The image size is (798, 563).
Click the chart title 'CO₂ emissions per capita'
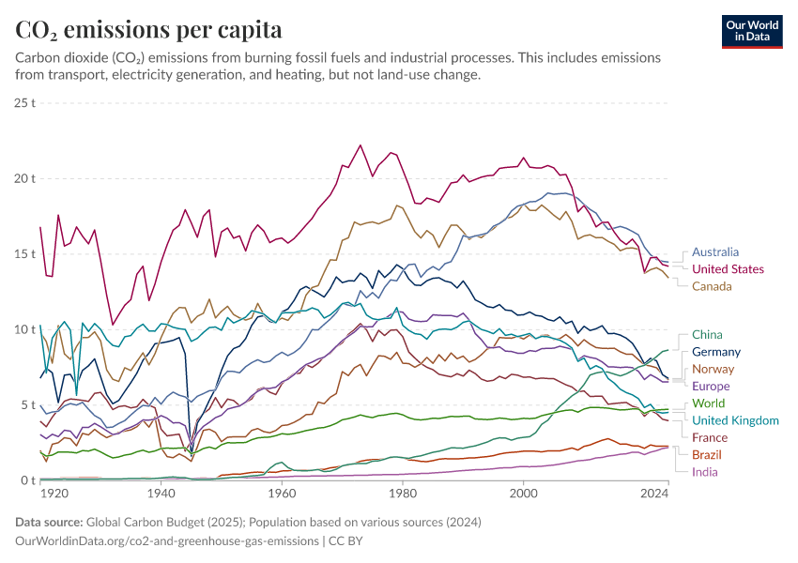pos(148,29)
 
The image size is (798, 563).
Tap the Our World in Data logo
pos(752,31)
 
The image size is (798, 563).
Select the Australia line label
pos(715,251)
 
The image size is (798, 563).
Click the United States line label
pos(728,269)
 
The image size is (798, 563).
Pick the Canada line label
pos(713,286)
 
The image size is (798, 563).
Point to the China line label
pos(707,334)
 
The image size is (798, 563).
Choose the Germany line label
pos(716,352)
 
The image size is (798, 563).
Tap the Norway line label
pos(713,369)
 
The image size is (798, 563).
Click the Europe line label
pos(711,386)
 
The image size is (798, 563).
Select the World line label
pos(709,403)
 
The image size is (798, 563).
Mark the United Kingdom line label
pos(735,420)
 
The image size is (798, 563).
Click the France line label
pos(710,437)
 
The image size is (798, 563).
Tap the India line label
pos(704,472)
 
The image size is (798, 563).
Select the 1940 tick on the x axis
pos(161,494)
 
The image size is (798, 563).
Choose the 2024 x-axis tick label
pos(653,494)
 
